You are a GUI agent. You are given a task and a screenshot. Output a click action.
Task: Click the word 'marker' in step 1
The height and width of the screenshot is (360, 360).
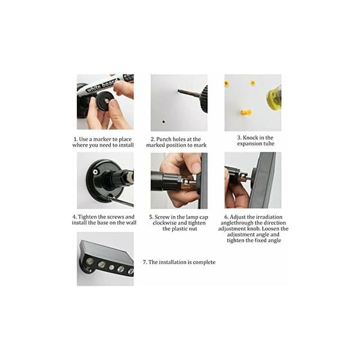[x=103, y=139]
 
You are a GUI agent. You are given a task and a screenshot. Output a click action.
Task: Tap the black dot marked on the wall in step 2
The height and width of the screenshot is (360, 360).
[x=163, y=122]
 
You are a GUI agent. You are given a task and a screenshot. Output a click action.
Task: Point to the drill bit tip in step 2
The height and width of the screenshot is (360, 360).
[x=178, y=91]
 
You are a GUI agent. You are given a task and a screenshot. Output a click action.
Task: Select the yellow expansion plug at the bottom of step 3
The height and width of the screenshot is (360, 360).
[x=246, y=113]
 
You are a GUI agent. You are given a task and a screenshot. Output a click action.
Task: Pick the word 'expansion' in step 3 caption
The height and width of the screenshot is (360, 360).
[x=249, y=144]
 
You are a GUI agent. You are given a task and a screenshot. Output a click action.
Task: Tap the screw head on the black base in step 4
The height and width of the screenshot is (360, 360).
[x=95, y=172]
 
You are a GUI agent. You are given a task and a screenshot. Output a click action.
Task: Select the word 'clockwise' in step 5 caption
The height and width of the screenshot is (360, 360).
[x=164, y=223]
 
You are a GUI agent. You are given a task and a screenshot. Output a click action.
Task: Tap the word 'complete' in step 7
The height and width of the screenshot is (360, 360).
[x=204, y=262]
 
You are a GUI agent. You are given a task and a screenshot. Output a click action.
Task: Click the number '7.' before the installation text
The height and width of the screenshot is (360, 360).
[x=145, y=262]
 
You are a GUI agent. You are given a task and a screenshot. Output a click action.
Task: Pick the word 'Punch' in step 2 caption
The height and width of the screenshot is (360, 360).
[x=164, y=139]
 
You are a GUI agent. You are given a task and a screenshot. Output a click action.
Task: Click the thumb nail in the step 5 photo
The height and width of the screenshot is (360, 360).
[x=196, y=166]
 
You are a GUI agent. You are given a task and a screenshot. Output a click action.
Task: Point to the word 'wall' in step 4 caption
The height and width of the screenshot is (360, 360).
[x=131, y=223]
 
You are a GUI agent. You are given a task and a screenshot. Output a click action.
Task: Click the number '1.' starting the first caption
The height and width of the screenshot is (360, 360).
[x=76, y=139]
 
